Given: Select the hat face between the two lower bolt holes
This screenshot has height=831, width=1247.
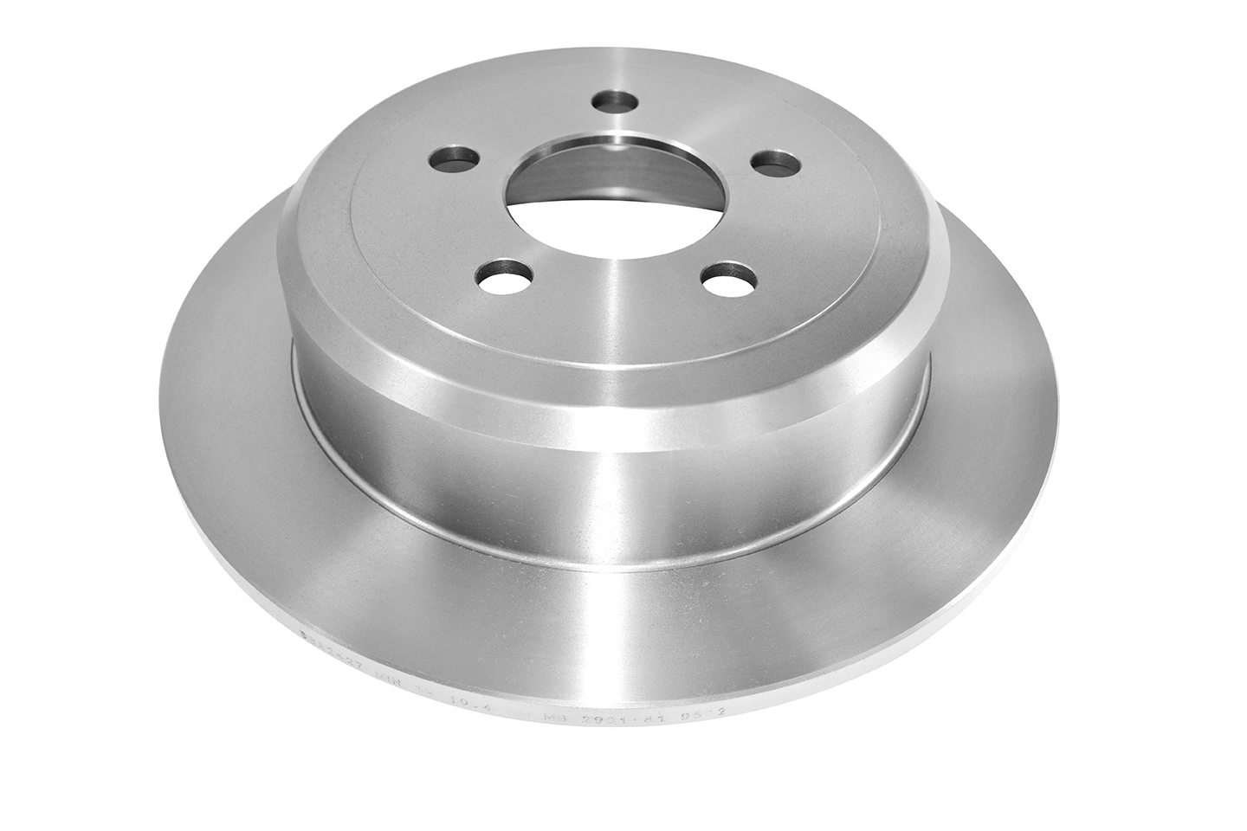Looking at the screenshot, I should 606,294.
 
